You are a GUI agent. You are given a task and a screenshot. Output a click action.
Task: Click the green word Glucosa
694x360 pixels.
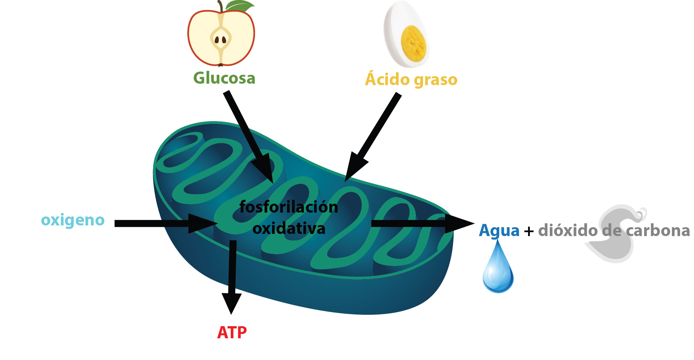tap(224, 78)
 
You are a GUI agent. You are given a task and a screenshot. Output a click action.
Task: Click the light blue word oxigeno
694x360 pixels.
tap(73, 220)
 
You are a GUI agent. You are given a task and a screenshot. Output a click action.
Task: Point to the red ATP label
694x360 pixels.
tap(232, 333)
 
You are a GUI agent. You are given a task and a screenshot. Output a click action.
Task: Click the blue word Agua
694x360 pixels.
tap(499, 230)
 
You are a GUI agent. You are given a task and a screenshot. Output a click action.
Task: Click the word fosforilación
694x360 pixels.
tap(289, 207)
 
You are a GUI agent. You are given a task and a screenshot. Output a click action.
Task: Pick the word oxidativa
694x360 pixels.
tap(289, 229)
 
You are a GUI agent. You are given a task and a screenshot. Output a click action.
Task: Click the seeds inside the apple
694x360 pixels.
tap(220, 40)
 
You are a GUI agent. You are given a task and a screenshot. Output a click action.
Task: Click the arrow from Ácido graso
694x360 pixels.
tap(374, 135)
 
